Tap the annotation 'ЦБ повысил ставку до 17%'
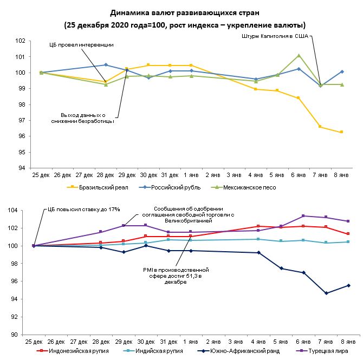(x=81, y=208)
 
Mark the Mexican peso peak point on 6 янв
(x=299, y=55)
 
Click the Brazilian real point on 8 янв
(x=341, y=132)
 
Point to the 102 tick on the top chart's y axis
(x=21, y=41)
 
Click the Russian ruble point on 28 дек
(x=106, y=65)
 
